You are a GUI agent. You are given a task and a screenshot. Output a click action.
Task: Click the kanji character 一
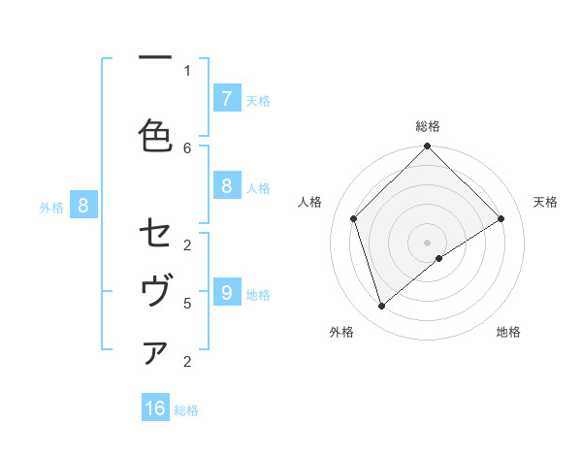[x=155, y=58]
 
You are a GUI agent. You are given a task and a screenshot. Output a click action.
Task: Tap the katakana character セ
[x=155, y=234]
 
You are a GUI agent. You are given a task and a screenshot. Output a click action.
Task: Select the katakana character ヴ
[x=155, y=292]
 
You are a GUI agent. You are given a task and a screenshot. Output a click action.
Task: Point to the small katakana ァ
[x=155, y=354]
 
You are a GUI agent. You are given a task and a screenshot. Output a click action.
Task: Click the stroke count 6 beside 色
[x=187, y=147]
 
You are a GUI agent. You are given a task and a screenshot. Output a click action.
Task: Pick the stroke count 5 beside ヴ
[x=187, y=303]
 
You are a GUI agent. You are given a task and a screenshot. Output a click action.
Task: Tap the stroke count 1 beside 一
[x=187, y=70]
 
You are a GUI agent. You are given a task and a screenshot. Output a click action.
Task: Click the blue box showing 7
[x=226, y=98]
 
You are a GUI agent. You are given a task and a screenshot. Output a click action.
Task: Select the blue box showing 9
[x=226, y=292]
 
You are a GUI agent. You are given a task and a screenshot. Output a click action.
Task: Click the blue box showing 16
[x=155, y=408]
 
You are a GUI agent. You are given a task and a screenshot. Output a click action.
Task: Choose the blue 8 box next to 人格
[x=226, y=187]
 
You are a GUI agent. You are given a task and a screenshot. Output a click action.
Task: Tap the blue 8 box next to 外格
[x=83, y=205]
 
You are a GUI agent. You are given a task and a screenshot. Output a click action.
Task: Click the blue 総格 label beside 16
[x=186, y=410]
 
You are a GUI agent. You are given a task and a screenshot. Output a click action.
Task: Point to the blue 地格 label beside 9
[x=258, y=294]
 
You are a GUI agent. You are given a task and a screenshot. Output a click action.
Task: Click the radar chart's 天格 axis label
[x=545, y=202]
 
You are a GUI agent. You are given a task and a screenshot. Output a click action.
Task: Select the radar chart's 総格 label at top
[x=427, y=126]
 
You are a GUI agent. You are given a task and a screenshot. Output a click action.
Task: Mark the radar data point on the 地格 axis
[x=439, y=258]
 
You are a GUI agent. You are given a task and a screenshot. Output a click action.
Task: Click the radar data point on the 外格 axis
[x=381, y=307]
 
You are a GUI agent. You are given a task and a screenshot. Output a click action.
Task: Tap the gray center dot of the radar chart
[x=427, y=242]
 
